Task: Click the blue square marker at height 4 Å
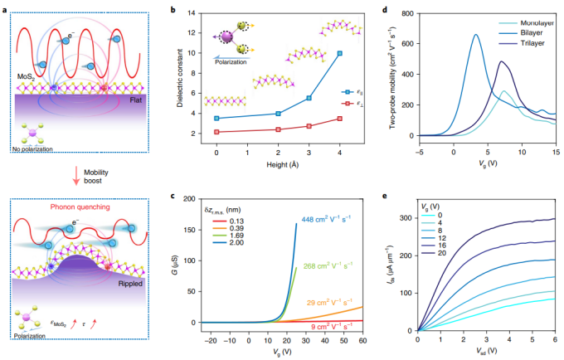[x=339, y=53]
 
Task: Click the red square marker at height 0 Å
[x=216, y=132]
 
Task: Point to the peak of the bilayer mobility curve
[x=476, y=34]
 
